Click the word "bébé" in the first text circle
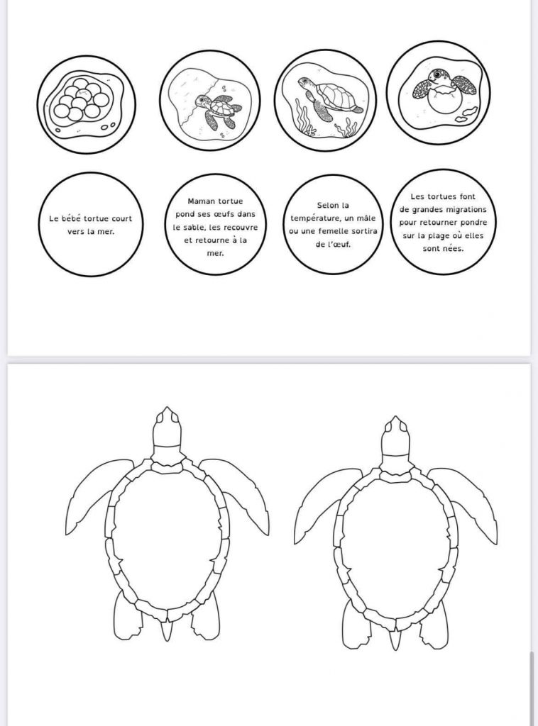(x=71, y=218)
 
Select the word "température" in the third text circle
(x=315, y=218)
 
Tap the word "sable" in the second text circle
(x=195, y=228)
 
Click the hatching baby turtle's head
(x=436, y=76)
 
